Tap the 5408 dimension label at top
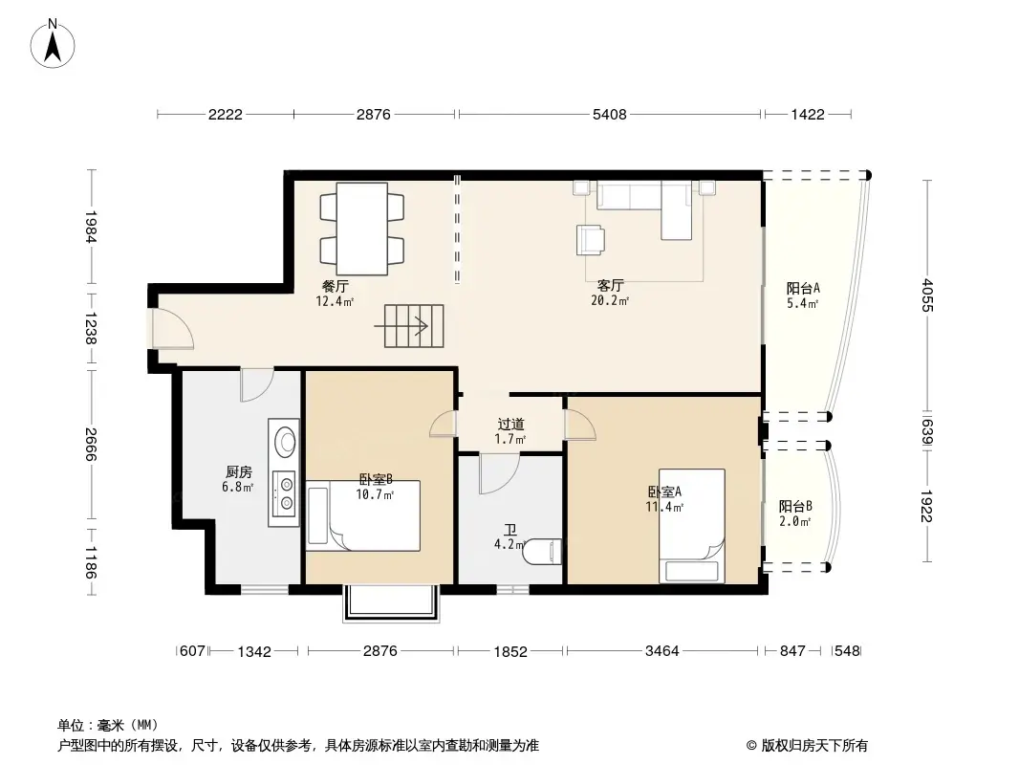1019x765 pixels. pos(609,115)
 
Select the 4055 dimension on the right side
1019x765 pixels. pos(926,295)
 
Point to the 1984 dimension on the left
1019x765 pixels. pos(91,227)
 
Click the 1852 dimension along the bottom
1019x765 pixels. pos(510,651)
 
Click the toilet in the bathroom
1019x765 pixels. pos(545,554)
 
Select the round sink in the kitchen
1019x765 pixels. pos(285,441)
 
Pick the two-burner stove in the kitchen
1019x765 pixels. pos(285,493)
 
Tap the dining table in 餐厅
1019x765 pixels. pos(362,228)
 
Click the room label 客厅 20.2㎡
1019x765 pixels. pos(610,293)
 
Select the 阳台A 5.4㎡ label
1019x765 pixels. pos(803,295)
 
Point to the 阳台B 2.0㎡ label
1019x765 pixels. pos(794,514)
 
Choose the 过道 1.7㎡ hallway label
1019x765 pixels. pos(510,431)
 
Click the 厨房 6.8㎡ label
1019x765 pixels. pos(238,479)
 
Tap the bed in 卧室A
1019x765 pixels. pos(692,526)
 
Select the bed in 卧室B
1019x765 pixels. pos(363,516)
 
